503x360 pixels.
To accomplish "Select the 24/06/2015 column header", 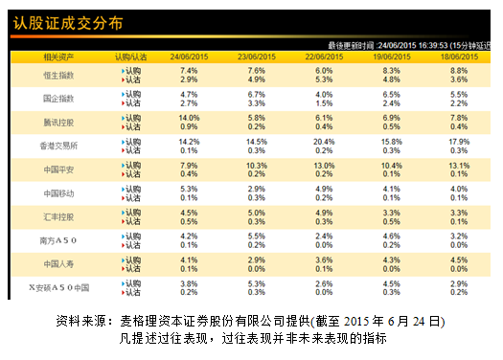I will [189, 57].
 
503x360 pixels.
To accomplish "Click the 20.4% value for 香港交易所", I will [324, 141].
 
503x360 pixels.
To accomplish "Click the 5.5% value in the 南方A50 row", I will [257, 235].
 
